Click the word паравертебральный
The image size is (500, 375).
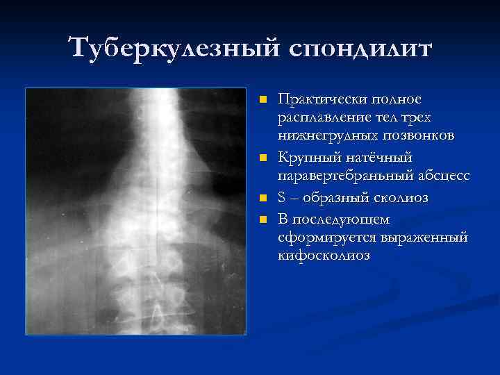tap(344, 176)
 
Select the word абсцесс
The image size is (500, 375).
tap(437, 176)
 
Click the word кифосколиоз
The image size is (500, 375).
tap(324, 256)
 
